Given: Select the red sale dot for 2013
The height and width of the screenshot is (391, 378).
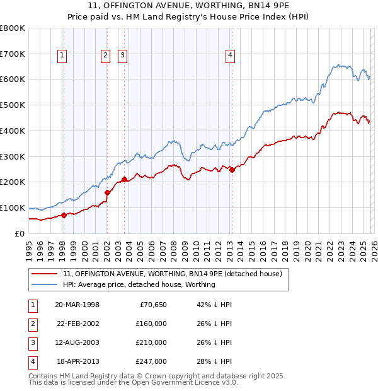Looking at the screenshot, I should tap(232, 169).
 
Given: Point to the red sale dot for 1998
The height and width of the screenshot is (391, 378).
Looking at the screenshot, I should tap(64, 215).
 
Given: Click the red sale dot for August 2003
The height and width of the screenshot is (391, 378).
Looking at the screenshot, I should tap(124, 179).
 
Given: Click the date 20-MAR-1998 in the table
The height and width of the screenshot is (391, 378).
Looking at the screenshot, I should tap(77, 305).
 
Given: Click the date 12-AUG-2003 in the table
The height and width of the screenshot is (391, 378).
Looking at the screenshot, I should tap(77, 342).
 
